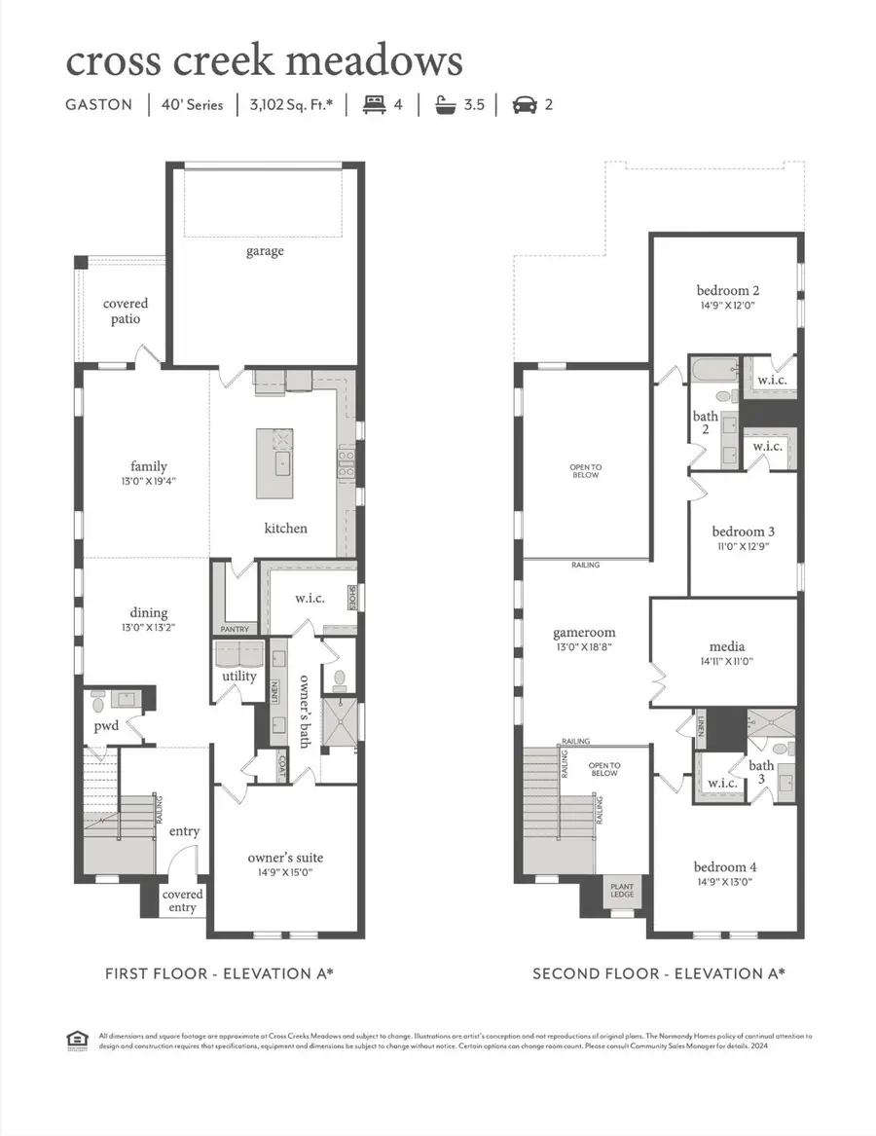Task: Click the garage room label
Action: point(265,251)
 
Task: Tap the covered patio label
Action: point(127,311)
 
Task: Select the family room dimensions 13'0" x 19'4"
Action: point(149,481)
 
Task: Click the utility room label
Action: point(239,676)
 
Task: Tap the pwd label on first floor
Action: point(106,726)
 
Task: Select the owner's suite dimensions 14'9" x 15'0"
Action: point(284,874)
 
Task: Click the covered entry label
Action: point(182,900)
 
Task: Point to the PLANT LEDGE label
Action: point(622,892)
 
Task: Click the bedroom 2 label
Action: point(727,290)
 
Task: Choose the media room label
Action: point(727,646)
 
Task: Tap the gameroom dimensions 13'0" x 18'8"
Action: point(584,646)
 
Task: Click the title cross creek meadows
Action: point(264,60)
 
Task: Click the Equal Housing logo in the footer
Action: point(76,1042)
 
